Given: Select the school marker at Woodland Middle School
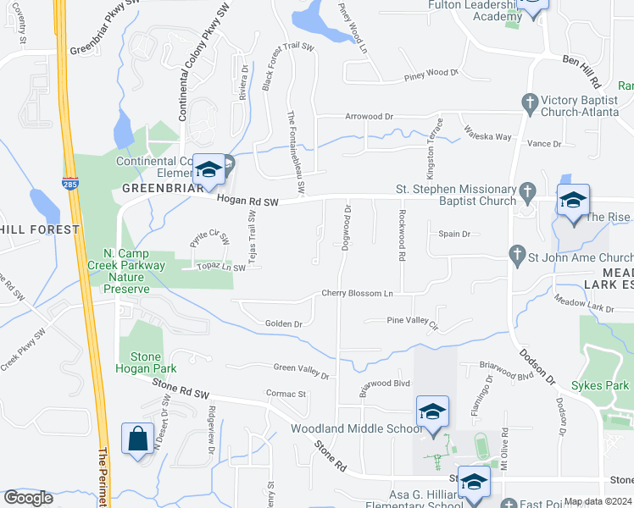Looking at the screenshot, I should click(x=431, y=412).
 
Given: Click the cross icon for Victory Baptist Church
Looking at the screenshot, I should click(x=530, y=103).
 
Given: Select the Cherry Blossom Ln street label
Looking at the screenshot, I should click(x=357, y=294).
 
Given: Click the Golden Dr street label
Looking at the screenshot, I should click(x=284, y=323).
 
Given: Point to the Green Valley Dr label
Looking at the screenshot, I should click(x=300, y=368).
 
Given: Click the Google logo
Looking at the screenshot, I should click(x=29, y=498).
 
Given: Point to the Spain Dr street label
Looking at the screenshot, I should click(x=454, y=234).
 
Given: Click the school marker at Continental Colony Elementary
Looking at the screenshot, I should click(x=208, y=170).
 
